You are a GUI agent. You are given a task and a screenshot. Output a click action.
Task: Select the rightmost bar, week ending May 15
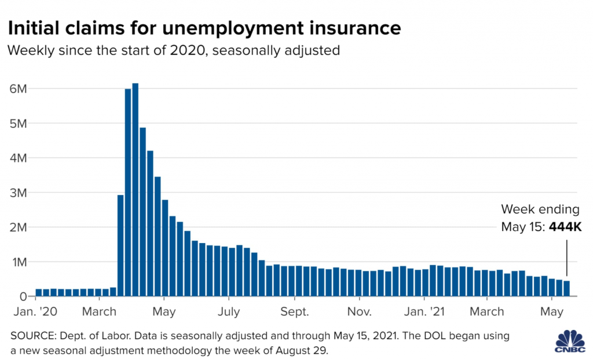coord(566,288)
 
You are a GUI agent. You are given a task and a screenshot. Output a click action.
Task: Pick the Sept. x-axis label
coord(295,312)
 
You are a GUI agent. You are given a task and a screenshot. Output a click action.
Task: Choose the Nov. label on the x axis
coord(360,312)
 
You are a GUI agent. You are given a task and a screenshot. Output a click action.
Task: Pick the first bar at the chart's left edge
coord(39,293)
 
